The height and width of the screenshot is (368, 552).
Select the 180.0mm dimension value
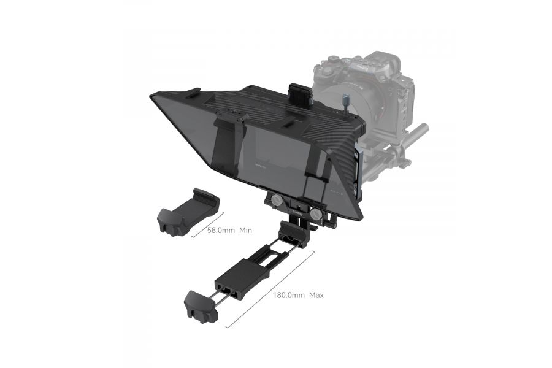(289, 295)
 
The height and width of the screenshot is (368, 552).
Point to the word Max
(316, 295)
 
